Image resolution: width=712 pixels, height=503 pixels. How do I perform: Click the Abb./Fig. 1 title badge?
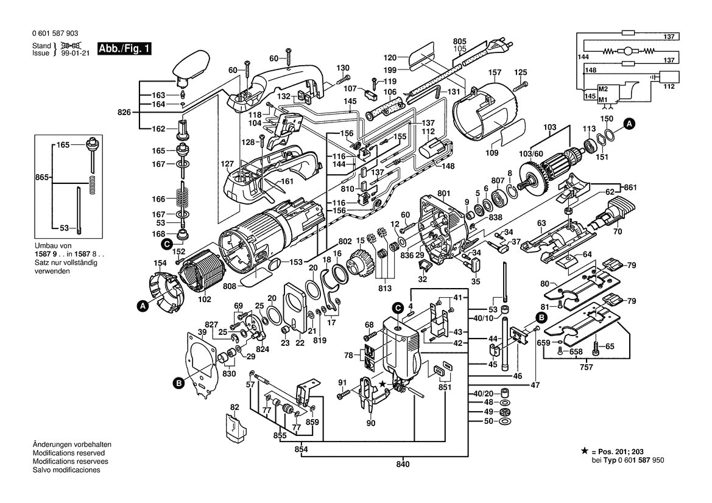tap(124, 49)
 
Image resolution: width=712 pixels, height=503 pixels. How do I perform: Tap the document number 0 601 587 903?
tap(55, 33)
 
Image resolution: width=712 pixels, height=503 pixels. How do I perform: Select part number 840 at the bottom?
tap(403, 464)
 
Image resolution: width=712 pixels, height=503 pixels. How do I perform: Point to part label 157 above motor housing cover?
tap(495, 72)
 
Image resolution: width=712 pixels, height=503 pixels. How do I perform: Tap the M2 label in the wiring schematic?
tap(603, 90)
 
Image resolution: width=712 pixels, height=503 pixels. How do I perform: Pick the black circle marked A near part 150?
tap(629, 124)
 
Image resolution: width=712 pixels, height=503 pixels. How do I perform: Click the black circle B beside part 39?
tap(179, 384)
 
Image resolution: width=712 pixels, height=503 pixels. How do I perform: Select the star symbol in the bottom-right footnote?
tap(585, 451)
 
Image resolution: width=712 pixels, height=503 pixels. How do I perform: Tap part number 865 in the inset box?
tap(42, 177)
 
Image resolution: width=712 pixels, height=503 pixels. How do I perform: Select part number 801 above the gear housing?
tap(443, 194)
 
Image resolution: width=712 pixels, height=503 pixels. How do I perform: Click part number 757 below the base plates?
tap(586, 367)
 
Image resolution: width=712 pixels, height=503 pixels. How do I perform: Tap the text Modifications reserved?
tap(69, 453)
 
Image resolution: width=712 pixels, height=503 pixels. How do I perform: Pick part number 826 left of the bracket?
tap(124, 112)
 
